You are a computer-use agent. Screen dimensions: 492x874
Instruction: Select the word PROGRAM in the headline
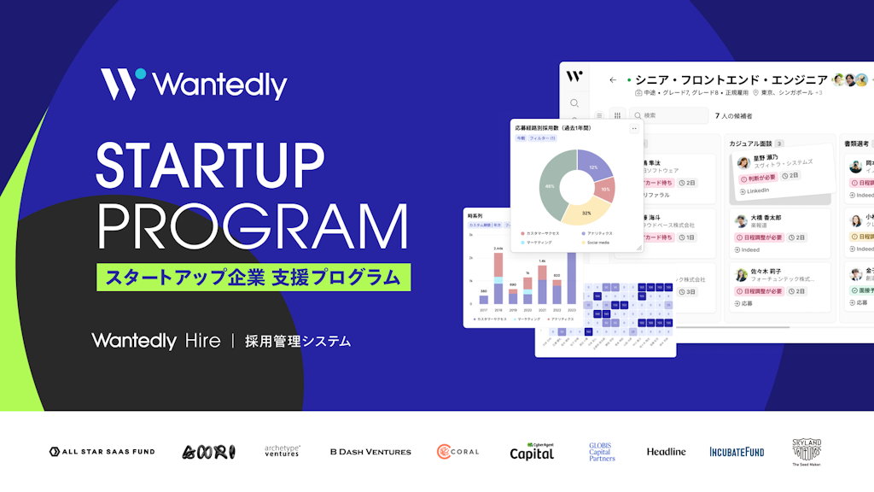(251, 226)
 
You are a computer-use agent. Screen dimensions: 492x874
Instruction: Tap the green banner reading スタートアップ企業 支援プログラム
(253, 278)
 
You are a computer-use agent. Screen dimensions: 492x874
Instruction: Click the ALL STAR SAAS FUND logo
(102, 451)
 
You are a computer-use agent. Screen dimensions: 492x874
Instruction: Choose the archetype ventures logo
(282, 451)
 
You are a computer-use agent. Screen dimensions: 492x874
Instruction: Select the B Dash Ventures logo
(370, 451)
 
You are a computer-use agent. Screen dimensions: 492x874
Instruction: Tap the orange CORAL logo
(457, 451)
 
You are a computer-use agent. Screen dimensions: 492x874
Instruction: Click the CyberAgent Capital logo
(532, 452)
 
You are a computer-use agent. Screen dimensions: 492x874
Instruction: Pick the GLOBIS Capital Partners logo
(602, 451)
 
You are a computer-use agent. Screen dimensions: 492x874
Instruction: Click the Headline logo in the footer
(666, 451)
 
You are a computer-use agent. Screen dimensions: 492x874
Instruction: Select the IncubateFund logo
(737, 451)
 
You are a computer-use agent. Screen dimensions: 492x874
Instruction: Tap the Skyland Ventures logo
(807, 451)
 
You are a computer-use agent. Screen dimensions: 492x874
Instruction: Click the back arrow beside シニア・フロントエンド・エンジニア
(613, 79)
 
